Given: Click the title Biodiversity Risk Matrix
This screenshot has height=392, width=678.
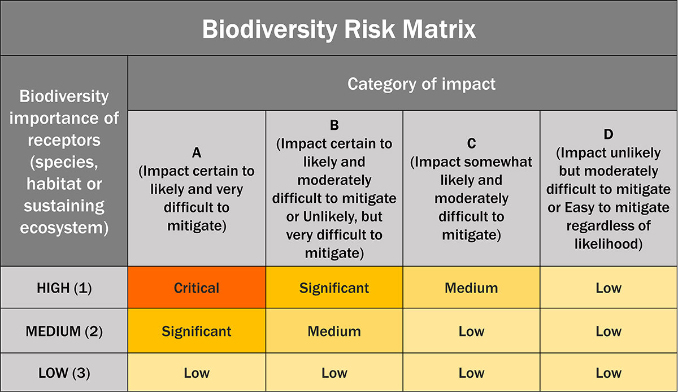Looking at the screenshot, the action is [x=339, y=29].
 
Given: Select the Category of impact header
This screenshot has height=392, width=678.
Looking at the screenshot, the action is [x=421, y=84].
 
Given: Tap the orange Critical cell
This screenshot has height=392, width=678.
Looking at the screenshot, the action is [x=197, y=288].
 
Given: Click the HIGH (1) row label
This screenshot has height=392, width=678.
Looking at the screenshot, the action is [x=64, y=288].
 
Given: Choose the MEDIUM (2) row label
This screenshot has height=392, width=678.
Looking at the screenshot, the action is [x=64, y=331].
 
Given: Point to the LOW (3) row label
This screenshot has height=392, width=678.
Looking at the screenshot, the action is [x=64, y=373].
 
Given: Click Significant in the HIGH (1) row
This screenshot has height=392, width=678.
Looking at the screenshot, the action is [x=334, y=288].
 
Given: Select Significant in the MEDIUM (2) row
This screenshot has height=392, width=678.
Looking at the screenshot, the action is [x=197, y=331].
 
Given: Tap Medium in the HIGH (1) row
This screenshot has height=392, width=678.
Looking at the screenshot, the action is [x=471, y=288].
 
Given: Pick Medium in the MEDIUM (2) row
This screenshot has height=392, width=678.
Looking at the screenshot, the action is [x=334, y=331].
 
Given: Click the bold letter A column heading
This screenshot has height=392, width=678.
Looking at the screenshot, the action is [x=197, y=153].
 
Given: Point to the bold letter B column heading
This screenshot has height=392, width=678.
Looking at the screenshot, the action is [x=334, y=125].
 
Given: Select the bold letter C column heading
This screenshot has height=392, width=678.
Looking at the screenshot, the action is [x=471, y=143].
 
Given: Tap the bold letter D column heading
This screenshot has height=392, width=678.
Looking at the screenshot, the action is [x=609, y=134].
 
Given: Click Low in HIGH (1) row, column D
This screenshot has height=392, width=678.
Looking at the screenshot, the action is [x=609, y=288].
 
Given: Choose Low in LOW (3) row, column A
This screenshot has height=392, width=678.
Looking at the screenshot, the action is [x=197, y=373].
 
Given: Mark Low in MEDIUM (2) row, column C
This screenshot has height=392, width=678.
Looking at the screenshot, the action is [x=471, y=331].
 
